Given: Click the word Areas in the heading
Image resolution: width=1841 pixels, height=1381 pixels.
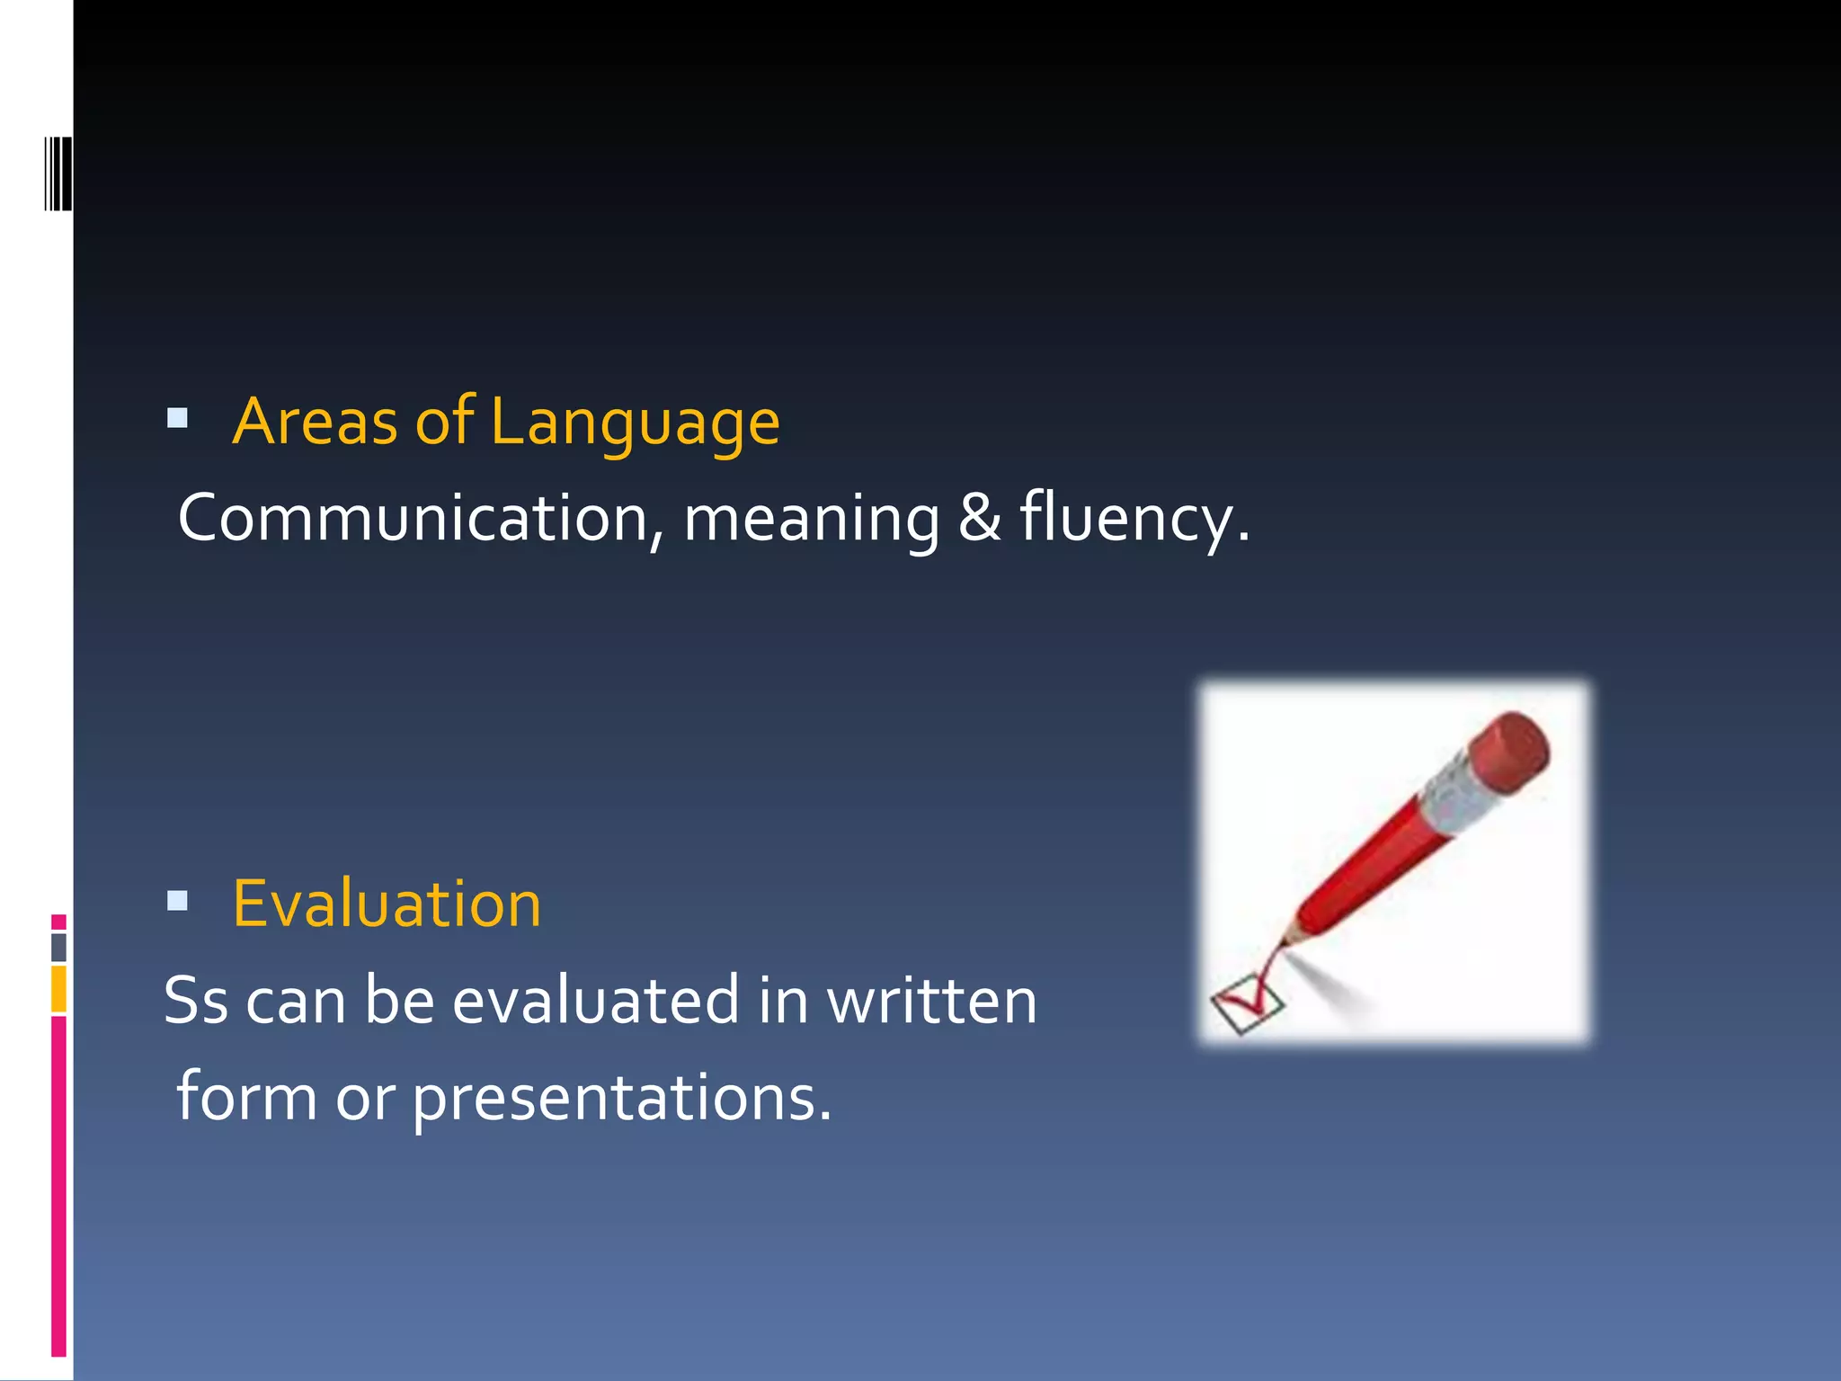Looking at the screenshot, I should click(315, 422).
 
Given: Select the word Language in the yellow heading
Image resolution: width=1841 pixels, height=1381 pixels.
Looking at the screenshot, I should click(635, 423).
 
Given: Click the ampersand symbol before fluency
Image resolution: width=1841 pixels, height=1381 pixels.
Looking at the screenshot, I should click(979, 518).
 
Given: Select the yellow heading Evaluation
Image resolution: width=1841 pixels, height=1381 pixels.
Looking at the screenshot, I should click(387, 904).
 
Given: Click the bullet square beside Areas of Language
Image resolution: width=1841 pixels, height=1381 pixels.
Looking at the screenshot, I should click(177, 418).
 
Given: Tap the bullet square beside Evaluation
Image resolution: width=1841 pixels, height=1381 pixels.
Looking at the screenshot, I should click(177, 900).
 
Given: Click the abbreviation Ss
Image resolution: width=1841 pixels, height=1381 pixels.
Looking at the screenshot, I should click(196, 1001).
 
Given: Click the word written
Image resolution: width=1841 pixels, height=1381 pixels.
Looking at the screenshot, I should click(931, 1001).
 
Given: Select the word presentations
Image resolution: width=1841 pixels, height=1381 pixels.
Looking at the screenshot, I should click(622, 1098).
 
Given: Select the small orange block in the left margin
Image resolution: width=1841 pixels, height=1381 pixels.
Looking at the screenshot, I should click(58, 988).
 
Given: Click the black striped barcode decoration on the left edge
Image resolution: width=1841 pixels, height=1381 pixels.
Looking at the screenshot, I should click(58, 174).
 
